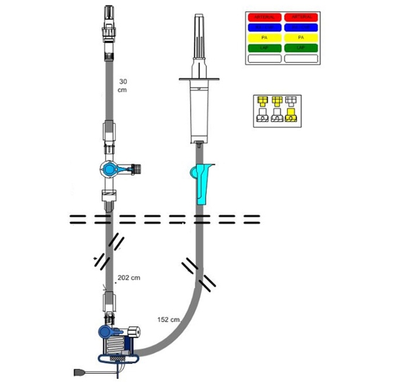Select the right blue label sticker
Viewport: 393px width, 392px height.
(x=301, y=27)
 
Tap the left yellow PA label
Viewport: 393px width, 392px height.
(x=263, y=37)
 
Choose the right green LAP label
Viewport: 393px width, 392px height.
(x=301, y=48)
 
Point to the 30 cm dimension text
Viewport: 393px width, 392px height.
(x=122, y=86)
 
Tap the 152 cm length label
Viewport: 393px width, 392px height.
(x=168, y=320)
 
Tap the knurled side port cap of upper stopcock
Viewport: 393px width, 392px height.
(x=138, y=168)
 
